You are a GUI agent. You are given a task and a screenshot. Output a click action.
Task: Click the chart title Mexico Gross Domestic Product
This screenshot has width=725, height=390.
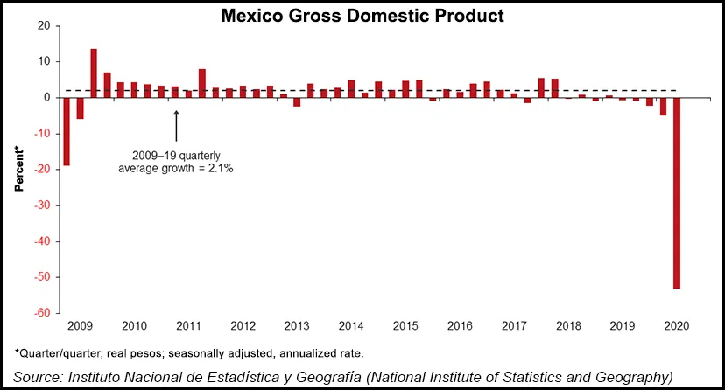[x=362, y=15]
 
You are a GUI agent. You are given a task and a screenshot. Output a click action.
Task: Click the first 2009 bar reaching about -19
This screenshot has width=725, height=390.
[x=67, y=131]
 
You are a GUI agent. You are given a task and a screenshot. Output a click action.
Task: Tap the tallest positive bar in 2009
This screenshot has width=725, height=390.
[x=94, y=73]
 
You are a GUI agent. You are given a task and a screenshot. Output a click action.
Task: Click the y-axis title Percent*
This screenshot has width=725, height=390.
[x=18, y=170]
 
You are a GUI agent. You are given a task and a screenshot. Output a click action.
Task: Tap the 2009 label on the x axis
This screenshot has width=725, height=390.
[x=81, y=326]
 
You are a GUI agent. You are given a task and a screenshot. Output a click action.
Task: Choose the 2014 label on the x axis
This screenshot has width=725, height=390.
[x=351, y=326]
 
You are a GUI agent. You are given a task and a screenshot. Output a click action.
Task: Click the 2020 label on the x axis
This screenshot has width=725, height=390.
[x=676, y=326]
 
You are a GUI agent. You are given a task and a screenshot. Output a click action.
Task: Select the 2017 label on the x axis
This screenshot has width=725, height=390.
[x=514, y=326]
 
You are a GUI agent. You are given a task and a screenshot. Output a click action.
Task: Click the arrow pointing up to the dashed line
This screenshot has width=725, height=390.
[x=176, y=125]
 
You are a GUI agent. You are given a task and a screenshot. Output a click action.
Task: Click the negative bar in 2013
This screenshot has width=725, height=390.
[x=297, y=101]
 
